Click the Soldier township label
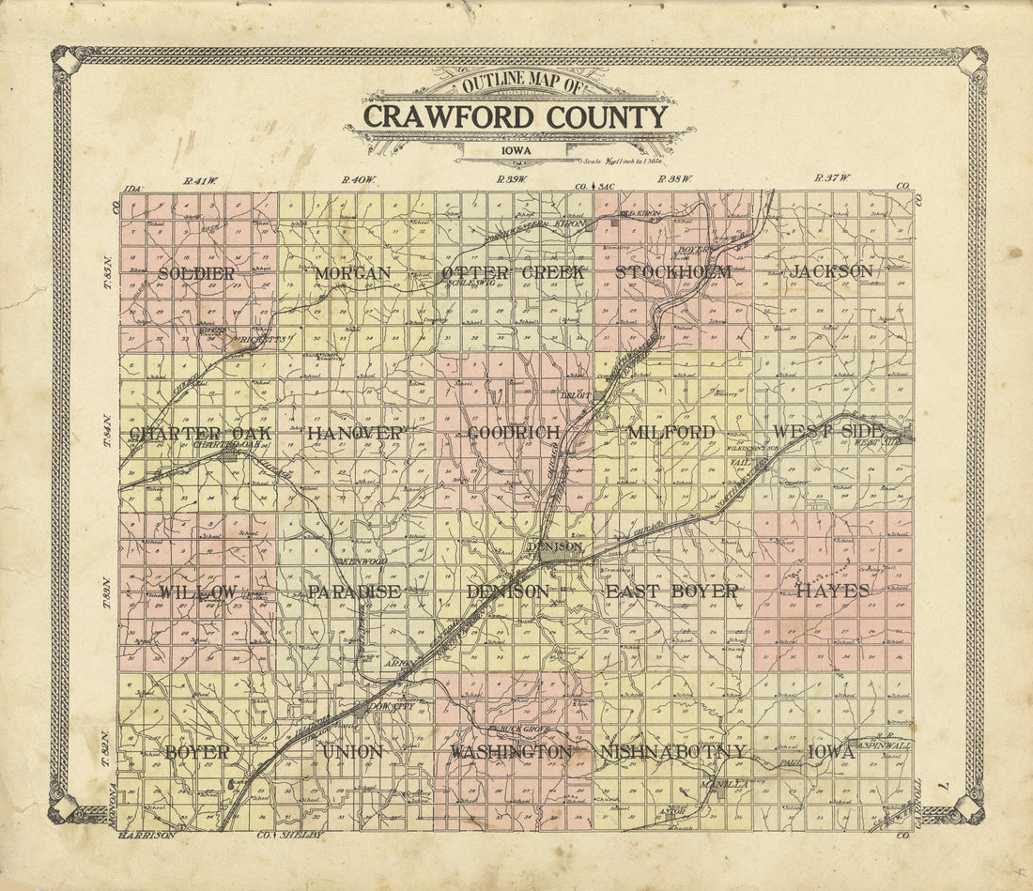(x=196, y=273)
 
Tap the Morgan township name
(x=353, y=273)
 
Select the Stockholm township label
(x=672, y=272)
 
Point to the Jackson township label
(x=831, y=271)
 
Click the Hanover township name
(x=355, y=433)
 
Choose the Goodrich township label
(x=514, y=433)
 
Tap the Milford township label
(x=671, y=433)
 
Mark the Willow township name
(x=197, y=592)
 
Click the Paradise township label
(x=354, y=592)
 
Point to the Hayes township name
(x=833, y=591)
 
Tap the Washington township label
(x=511, y=753)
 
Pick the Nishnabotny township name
(x=672, y=752)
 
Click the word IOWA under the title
(x=514, y=150)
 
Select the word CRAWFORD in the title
(x=433, y=117)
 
